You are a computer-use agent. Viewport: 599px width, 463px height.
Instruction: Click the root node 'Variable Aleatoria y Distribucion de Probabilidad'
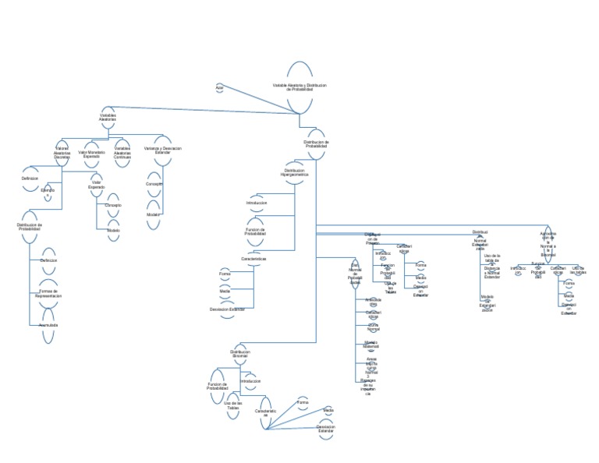(299, 87)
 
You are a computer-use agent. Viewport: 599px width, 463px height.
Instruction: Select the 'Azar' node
(219, 87)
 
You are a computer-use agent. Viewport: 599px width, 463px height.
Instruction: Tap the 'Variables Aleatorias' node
(108, 117)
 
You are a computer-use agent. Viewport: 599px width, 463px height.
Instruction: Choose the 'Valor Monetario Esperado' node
(91, 154)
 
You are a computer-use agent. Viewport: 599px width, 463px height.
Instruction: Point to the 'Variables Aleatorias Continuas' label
(122, 153)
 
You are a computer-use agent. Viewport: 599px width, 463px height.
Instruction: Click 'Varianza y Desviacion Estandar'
(163, 150)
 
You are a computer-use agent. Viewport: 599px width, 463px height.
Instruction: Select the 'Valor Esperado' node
(97, 187)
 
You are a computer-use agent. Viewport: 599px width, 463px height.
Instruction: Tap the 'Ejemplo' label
(48, 190)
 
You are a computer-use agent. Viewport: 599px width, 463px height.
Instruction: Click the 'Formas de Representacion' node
(48, 294)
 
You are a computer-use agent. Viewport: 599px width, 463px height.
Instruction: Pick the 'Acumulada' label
(48, 324)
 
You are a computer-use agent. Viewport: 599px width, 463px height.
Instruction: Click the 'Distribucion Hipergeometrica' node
(295, 172)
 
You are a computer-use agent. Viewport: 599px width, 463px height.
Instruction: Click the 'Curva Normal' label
(373, 328)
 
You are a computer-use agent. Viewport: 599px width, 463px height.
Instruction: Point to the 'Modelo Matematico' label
(371, 344)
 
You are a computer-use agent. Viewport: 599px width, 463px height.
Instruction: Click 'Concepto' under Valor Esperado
(114, 204)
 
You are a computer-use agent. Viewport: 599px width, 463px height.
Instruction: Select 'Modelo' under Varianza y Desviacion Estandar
(153, 214)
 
